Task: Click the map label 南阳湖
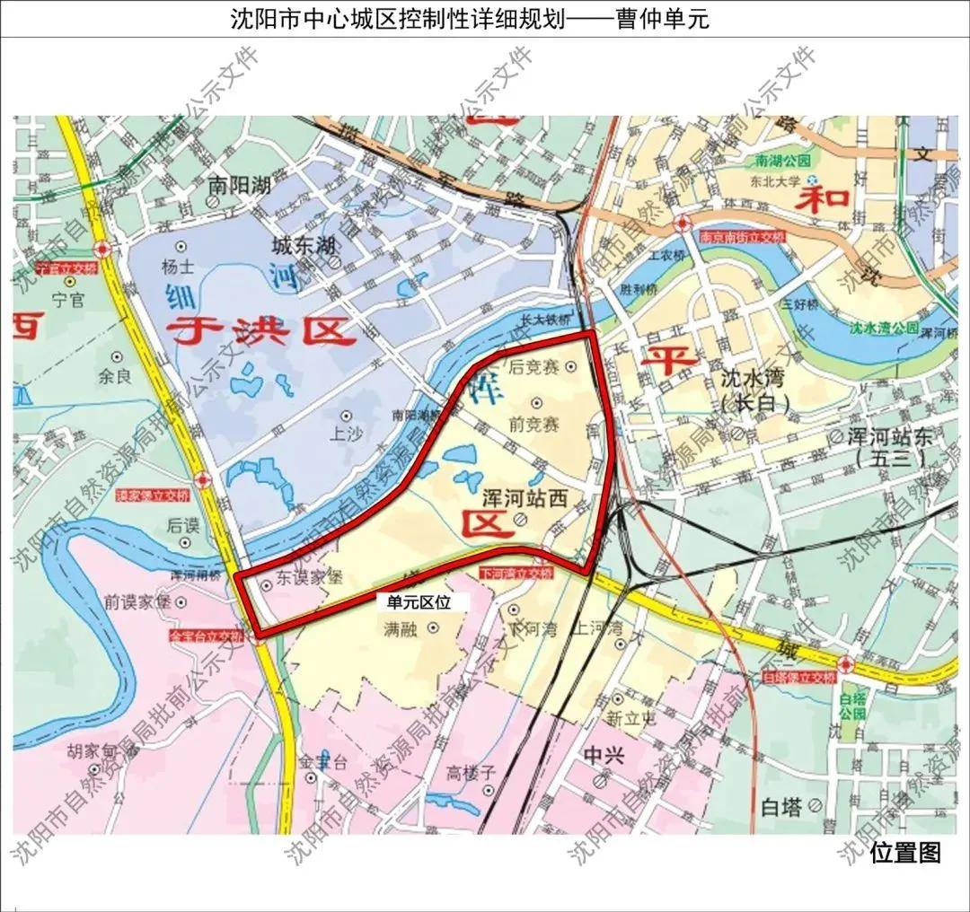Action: (x=239, y=185)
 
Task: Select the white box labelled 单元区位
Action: (x=419, y=602)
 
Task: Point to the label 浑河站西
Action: (x=525, y=500)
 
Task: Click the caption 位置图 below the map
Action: (x=905, y=852)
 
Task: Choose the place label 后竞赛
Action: (x=533, y=366)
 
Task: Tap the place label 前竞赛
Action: (x=533, y=422)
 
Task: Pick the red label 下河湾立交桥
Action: (x=516, y=573)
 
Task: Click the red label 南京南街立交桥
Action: (x=741, y=236)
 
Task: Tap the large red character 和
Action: (x=824, y=197)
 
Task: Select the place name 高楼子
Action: (x=471, y=771)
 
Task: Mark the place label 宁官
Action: (x=67, y=301)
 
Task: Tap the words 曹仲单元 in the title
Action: (x=662, y=19)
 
